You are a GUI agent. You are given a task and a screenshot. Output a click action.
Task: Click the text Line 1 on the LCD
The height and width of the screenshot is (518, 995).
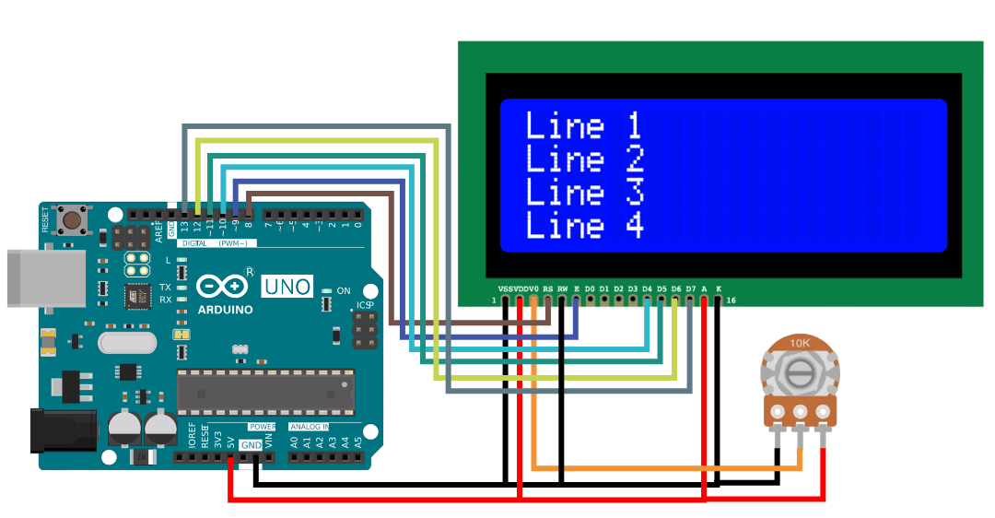pyautogui.click(x=582, y=125)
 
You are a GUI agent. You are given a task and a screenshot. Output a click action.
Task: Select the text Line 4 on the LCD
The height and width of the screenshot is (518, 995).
pyautogui.click(x=583, y=225)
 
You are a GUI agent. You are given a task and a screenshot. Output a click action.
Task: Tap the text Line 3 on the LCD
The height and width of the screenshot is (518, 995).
pyautogui.click(x=583, y=192)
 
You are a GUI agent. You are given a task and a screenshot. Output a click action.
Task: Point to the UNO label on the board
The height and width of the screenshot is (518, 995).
pyautogui.click(x=287, y=287)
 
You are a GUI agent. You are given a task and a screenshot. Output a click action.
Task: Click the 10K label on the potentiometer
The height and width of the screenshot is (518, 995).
pyautogui.click(x=801, y=344)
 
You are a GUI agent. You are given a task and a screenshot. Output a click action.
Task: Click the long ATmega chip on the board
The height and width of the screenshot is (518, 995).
pyautogui.click(x=265, y=392)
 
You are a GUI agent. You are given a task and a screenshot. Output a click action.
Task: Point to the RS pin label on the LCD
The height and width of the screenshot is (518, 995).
pyautogui.click(x=548, y=289)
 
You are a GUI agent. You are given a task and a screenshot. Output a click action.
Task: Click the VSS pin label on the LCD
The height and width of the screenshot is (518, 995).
pyautogui.click(x=505, y=289)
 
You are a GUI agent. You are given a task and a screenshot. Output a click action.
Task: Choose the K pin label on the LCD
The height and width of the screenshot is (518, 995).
pyautogui.click(x=719, y=289)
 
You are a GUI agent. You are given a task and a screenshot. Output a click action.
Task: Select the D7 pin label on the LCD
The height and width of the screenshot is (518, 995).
pyautogui.click(x=690, y=289)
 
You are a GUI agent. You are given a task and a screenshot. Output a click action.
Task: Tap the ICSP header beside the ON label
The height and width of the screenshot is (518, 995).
pyautogui.click(x=365, y=329)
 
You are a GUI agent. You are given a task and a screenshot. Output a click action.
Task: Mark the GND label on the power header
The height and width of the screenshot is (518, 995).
pyautogui.click(x=251, y=445)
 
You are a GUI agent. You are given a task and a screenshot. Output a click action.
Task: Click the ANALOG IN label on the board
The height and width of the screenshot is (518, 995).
pyautogui.click(x=310, y=427)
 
